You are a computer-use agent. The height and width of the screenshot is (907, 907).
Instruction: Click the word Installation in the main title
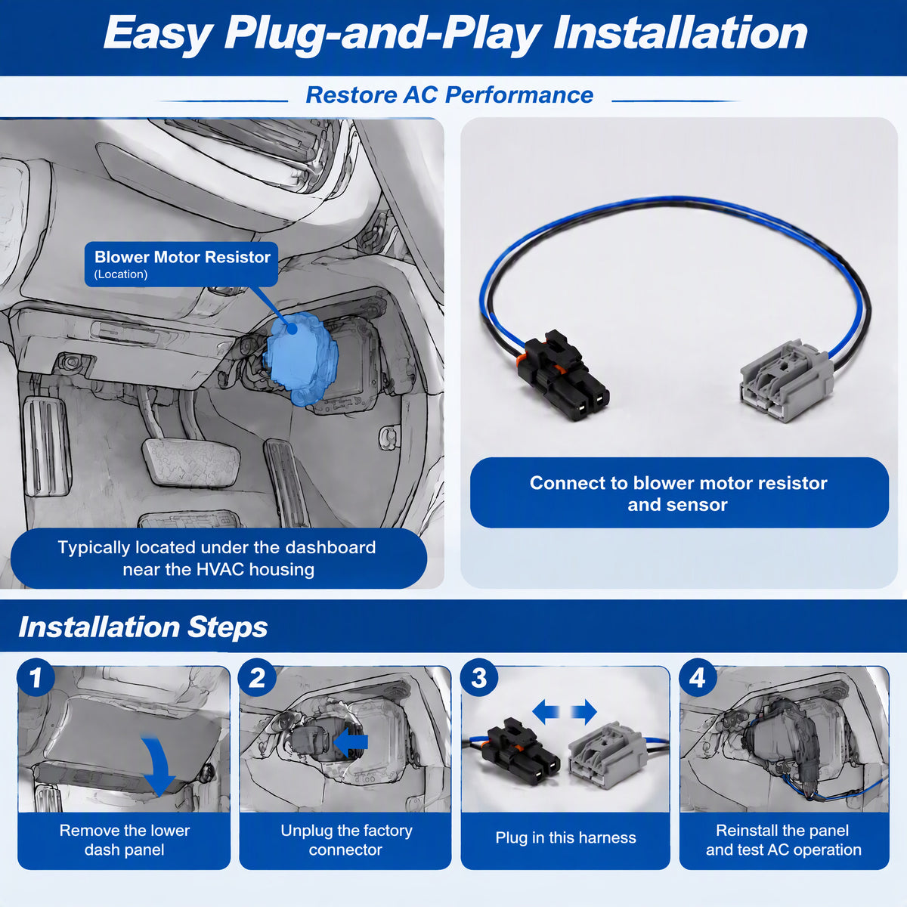(x=680, y=33)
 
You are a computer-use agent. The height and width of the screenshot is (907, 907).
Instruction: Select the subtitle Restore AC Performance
(x=450, y=95)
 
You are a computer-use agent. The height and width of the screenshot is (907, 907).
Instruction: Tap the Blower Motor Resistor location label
(x=181, y=264)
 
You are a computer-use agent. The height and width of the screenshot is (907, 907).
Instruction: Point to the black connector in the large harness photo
(x=563, y=374)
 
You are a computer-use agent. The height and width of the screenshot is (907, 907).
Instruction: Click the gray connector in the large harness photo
(x=785, y=380)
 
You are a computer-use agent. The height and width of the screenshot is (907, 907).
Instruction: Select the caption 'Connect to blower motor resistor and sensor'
(x=678, y=494)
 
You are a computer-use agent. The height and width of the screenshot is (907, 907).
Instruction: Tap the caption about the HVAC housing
(x=218, y=559)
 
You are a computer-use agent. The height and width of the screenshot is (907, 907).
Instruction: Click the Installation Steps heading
(x=143, y=627)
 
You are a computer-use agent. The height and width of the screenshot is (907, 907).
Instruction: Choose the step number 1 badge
(x=36, y=678)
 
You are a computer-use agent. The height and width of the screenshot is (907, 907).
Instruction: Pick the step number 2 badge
(x=257, y=678)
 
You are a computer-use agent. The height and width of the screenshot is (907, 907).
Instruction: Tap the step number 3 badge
(x=478, y=678)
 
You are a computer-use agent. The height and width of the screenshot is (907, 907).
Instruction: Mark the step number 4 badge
(x=698, y=678)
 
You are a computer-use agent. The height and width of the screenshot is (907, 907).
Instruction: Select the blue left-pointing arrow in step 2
(x=351, y=742)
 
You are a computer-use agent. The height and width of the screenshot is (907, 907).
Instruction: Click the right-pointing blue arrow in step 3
(x=584, y=711)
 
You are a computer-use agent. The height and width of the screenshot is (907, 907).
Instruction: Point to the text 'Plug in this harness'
(x=565, y=837)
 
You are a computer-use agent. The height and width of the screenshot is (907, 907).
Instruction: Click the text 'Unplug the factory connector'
(x=346, y=840)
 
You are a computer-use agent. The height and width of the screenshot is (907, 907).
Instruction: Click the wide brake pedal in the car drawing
(x=191, y=461)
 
